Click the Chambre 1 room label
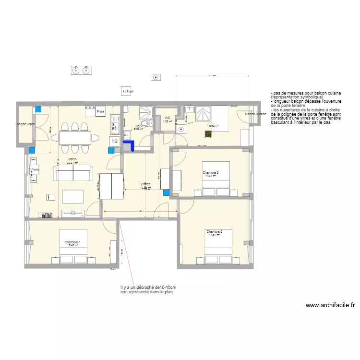(x=72, y=242)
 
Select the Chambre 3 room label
(x=210, y=172)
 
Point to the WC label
(x=167, y=118)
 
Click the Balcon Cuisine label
(x=255, y=114)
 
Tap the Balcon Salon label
(x=26, y=124)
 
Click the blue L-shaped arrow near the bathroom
(x=129, y=144)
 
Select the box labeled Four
(x=100, y=112)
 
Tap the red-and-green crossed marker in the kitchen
(x=208, y=134)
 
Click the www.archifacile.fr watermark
(x=330, y=305)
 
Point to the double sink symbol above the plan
(x=81, y=70)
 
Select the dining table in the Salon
(x=75, y=138)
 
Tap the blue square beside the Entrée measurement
(x=167, y=193)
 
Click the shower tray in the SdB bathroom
(x=144, y=113)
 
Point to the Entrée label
(x=145, y=184)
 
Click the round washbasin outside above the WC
(x=155, y=77)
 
